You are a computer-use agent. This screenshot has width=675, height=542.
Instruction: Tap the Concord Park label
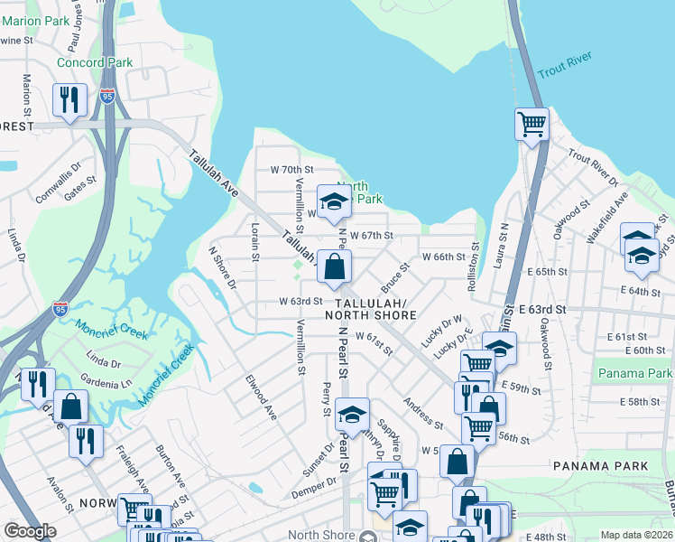click(95, 62)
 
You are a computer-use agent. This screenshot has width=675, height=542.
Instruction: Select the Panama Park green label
click(634, 373)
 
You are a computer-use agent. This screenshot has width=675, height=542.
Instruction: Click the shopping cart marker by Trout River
click(532, 124)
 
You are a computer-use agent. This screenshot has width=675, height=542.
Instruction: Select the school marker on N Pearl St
click(352, 414)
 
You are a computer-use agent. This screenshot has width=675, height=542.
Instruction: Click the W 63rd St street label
click(301, 301)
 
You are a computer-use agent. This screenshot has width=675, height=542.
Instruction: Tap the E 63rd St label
click(542, 309)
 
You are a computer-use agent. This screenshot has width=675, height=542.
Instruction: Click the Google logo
click(30, 531)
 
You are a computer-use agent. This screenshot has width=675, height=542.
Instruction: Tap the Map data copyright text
click(637, 535)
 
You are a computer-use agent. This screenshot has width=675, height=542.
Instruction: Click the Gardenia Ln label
click(113, 381)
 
